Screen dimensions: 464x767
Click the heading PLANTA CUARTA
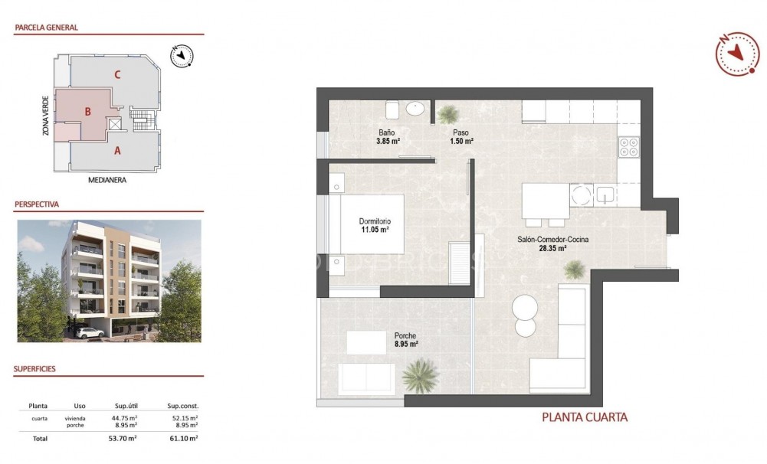click(585, 417)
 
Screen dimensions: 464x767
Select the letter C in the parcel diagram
click(117, 75)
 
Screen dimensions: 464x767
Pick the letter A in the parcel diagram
click(117, 151)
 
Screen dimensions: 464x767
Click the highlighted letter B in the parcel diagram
click(88, 112)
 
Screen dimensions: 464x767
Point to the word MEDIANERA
click(107, 181)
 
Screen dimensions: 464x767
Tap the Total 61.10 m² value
click(182, 439)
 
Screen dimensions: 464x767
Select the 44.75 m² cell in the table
click(126, 418)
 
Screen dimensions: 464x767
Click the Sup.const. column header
click(182, 406)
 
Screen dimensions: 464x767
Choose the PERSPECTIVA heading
click(37, 205)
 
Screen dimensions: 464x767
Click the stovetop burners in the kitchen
click(629, 146)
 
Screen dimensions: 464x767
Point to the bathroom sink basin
click(416, 109)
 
